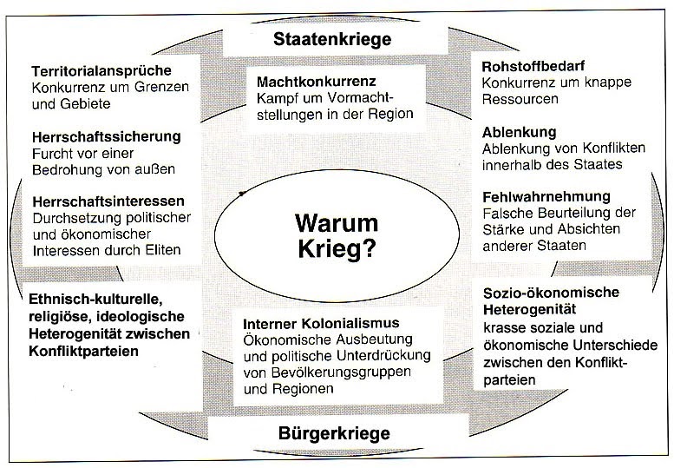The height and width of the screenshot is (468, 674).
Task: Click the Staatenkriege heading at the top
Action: pyautogui.click(x=332, y=39)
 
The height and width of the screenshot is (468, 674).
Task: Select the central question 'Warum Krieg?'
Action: pyautogui.click(x=334, y=236)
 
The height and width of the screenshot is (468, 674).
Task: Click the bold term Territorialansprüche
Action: pyautogui.click(x=101, y=70)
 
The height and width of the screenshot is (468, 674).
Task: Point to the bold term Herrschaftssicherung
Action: pyautogui.click(x=106, y=136)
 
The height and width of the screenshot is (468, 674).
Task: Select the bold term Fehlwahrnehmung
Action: pyautogui.click(x=546, y=197)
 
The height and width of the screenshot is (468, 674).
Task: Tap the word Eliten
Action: pyautogui.click(x=162, y=251)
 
